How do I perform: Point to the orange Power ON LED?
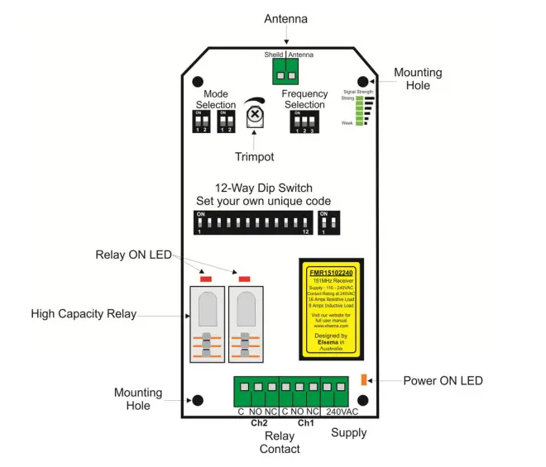(363, 380)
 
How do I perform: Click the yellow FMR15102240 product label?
(333, 305)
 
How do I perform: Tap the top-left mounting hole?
(199, 83)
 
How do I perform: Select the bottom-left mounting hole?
(199, 402)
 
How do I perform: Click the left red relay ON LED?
(206, 279)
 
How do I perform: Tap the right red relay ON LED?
(244, 279)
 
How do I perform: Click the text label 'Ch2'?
(259, 422)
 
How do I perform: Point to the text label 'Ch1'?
(305, 422)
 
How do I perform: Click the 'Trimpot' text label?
(254, 156)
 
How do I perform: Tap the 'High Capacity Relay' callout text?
(84, 314)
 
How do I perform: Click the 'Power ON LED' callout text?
(443, 381)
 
